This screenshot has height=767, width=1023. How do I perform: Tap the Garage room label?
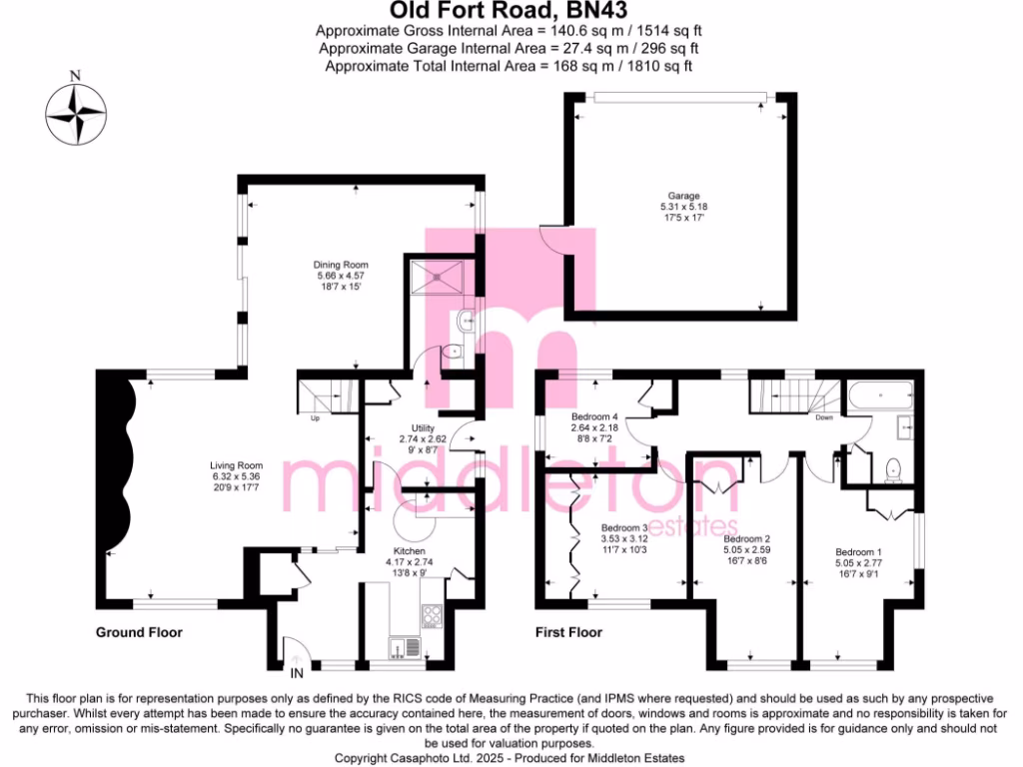coord(684,196)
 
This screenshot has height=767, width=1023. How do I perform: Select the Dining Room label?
coord(335,265)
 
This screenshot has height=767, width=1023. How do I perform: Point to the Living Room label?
coord(236,465)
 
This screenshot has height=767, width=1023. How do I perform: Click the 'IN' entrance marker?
coord(297,658)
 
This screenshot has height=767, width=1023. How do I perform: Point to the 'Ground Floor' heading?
coord(139,632)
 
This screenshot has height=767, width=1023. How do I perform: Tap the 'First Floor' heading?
coord(569,632)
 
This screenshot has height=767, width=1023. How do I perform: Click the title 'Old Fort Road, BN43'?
coord(511,11)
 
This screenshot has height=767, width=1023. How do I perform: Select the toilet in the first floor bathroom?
coord(894,467)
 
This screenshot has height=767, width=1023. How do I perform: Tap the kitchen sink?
coord(406,649)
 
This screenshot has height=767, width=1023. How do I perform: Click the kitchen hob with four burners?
coord(433,615)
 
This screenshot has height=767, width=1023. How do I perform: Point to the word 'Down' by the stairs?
coord(824,417)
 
